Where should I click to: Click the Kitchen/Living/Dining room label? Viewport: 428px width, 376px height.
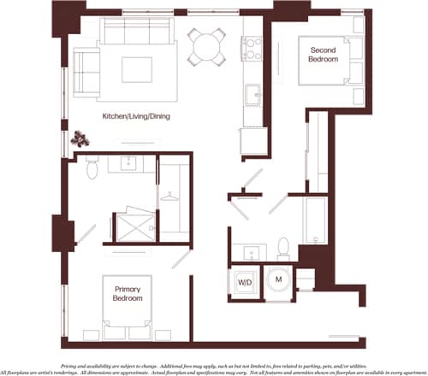(136, 116)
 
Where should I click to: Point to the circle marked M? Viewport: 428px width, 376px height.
(278, 280)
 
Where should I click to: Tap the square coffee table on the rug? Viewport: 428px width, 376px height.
(136, 67)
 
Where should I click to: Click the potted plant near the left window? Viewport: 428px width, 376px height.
(82, 137)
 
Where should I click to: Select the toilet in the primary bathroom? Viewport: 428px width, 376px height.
(94, 171)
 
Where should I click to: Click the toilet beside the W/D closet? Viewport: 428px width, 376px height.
(282, 250)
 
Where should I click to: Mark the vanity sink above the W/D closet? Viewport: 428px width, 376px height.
(251, 252)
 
